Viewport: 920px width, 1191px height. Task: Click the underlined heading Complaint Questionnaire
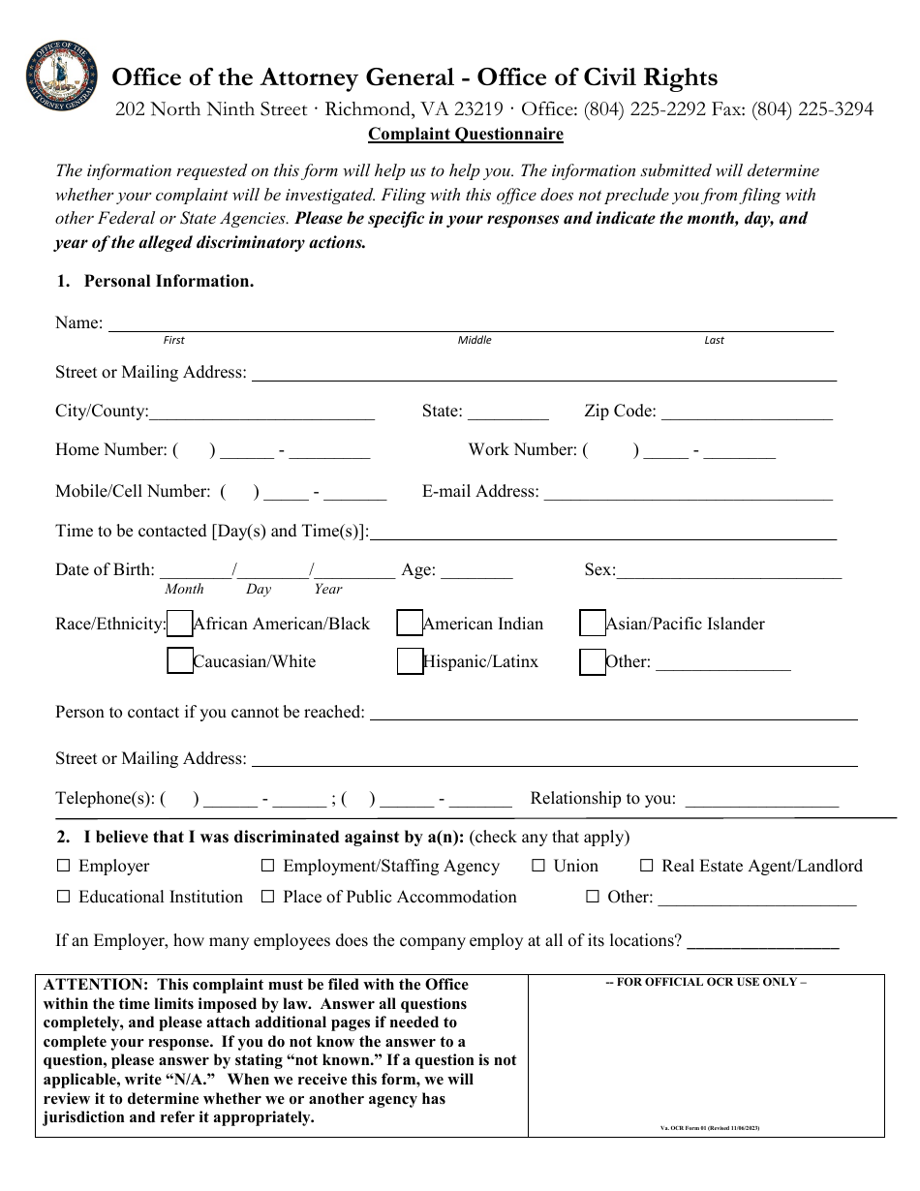pos(465,136)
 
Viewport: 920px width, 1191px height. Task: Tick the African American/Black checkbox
pos(180,624)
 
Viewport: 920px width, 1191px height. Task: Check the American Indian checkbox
pos(410,624)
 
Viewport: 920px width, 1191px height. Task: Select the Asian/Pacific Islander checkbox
pos(593,624)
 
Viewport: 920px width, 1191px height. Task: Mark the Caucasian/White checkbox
pos(180,661)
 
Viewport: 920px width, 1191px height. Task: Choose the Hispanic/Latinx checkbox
pos(410,661)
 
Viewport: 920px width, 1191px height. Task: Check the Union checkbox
pos(538,866)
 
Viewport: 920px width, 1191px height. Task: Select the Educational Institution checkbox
pos(64,897)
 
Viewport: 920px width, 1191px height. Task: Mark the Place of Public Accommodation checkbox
pos(268,897)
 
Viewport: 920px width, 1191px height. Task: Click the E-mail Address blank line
pos(688,494)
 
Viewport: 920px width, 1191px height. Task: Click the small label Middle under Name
pos(475,340)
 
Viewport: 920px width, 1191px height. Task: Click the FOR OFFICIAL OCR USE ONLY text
pos(706,982)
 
